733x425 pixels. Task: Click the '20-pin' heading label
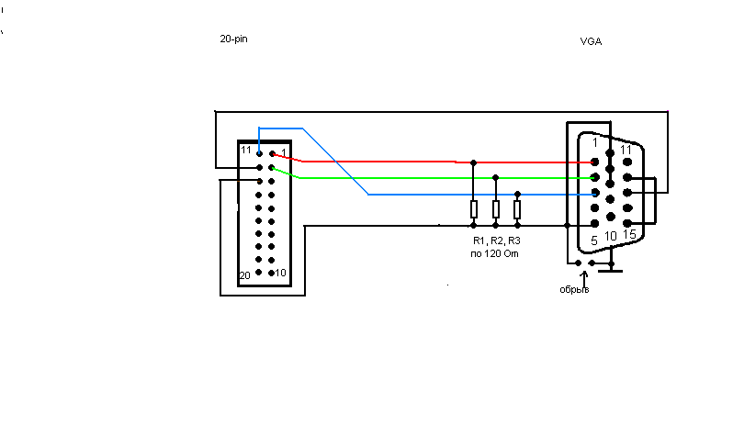[x=234, y=39]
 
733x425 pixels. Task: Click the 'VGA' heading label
[x=592, y=41]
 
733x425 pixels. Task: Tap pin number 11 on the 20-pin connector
[x=245, y=150]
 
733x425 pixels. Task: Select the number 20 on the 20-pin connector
[x=244, y=275]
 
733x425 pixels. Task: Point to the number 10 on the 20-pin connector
[x=281, y=274]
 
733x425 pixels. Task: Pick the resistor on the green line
[x=496, y=209]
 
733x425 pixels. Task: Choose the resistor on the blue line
[x=517, y=210]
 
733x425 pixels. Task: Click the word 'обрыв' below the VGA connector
[x=574, y=290]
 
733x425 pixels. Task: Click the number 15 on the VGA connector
[x=628, y=235]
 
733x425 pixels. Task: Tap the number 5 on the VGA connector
[x=594, y=240]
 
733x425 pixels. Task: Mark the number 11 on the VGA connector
[x=626, y=149]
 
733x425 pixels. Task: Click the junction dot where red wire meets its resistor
[x=474, y=162]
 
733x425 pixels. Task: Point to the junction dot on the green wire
[x=496, y=177]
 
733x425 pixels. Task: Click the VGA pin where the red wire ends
[x=595, y=162]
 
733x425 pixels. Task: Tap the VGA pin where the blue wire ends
[x=595, y=194]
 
